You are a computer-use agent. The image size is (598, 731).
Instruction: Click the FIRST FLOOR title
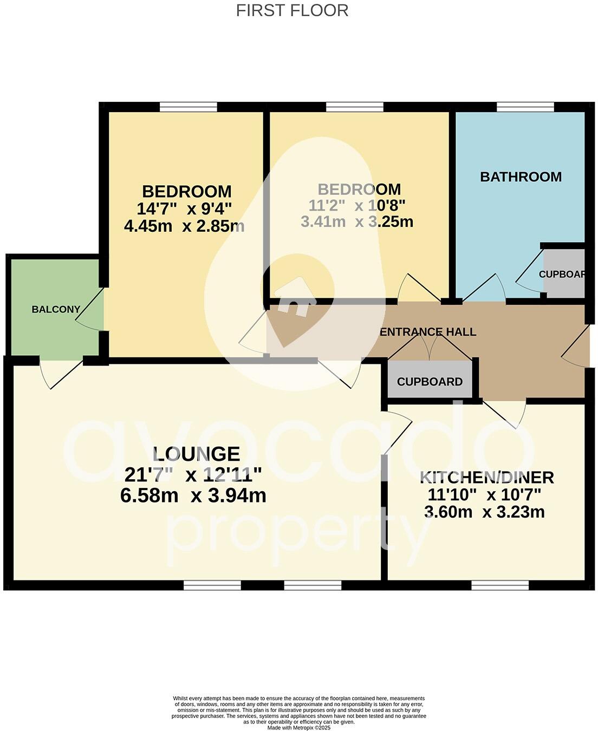[x=292, y=10]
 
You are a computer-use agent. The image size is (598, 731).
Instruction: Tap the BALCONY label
[x=56, y=310]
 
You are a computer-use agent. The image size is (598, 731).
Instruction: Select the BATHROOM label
[x=521, y=177]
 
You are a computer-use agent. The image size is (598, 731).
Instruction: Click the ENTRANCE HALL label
[x=428, y=332]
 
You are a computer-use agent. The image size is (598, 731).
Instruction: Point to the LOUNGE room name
[x=196, y=454]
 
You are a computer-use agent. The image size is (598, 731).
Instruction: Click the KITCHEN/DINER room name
[x=486, y=477]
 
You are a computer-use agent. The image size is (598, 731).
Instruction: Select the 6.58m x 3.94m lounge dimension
[x=193, y=495]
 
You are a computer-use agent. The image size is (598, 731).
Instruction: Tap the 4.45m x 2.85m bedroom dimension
[x=184, y=226]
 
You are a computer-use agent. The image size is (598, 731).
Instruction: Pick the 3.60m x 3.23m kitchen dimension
[x=484, y=512]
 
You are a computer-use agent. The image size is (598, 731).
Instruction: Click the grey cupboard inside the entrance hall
[x=430, y=381]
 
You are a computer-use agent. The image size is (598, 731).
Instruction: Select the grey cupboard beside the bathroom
[x=563, y=274]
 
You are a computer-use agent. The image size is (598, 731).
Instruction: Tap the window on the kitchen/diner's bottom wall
[x=499, y=585]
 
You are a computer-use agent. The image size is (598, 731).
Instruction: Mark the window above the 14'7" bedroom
[x=188, y=107]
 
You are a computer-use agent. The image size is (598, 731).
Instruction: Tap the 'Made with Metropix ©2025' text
[x=299, y=728]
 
